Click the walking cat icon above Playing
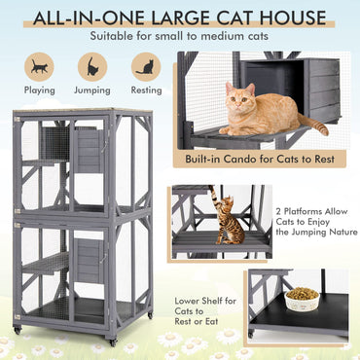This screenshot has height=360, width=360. click(x=40, y=66)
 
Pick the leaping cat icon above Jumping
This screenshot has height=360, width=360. click(x=92, y=66)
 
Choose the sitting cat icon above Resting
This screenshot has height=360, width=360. click(x=146, y=66)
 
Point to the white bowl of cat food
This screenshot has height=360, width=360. click(x=303, y=301)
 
